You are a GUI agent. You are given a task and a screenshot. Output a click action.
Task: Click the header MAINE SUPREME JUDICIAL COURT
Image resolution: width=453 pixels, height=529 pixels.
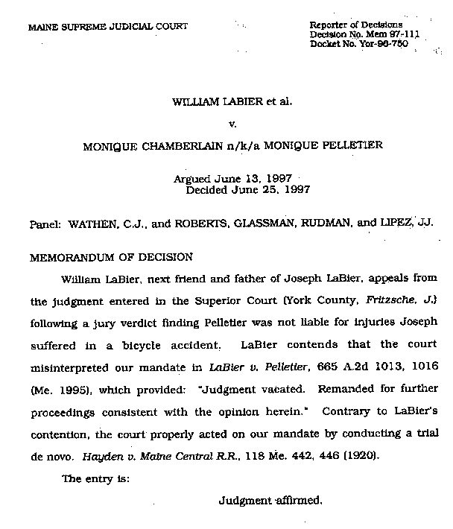click(x=108, y=28)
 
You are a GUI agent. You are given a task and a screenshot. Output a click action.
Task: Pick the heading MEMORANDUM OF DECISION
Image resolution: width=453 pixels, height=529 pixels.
click(x=111, y=257)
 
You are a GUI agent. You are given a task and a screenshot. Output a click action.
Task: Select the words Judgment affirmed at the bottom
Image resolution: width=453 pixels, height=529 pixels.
click(x=270, y=501)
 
